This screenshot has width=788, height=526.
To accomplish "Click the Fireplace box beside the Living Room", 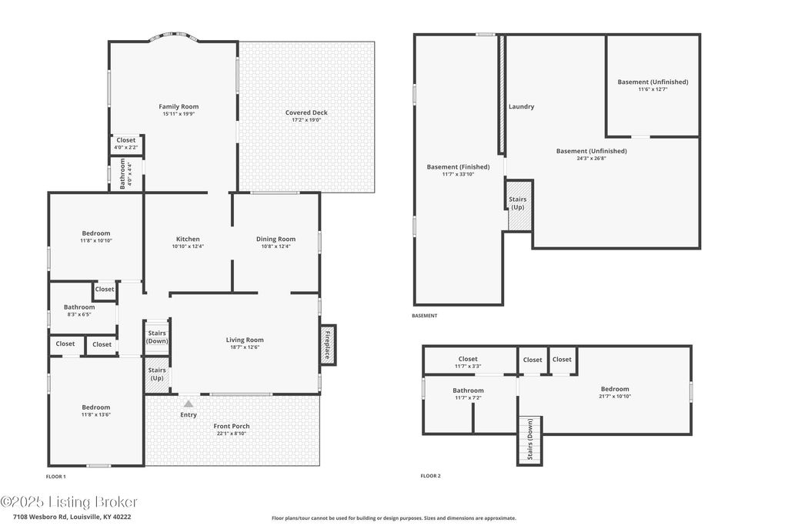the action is [328, 345].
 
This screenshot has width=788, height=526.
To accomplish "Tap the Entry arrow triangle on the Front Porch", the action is [189, 404].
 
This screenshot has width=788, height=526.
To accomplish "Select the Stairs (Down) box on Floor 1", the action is [157, 337].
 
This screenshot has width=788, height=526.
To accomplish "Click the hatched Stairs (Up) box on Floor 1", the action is [157, 374].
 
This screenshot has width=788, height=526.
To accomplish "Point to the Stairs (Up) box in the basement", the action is [518, 205].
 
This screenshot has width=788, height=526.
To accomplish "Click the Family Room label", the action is [179, 106].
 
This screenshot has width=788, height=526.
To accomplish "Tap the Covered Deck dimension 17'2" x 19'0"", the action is [306, 120].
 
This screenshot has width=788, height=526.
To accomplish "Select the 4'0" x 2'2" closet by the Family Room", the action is [126, 144].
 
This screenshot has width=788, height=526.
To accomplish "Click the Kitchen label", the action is [188, 240].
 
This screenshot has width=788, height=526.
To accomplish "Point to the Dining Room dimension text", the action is [276, 246].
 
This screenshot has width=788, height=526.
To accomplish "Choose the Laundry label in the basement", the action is [521, 106].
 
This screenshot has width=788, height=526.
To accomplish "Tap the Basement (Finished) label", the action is [459, 167].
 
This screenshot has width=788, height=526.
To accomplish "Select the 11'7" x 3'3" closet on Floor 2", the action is [468, 362].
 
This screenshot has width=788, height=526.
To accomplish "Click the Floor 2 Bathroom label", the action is [468, 390].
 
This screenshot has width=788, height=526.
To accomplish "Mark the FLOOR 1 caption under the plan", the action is [55, 477].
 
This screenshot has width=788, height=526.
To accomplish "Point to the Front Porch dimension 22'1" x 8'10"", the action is [232, 434].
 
